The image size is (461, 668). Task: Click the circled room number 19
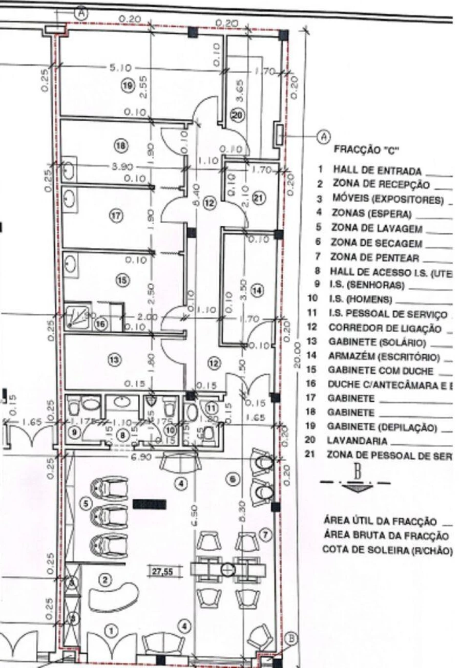click(128, 85)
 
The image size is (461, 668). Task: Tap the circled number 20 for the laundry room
click(236, 116)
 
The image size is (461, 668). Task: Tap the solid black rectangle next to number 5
click(149, 504)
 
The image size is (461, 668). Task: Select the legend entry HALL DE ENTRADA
click(377, 169)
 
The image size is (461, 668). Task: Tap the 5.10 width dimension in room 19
click(121, 68)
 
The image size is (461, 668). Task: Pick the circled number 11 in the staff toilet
click(211, 408)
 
